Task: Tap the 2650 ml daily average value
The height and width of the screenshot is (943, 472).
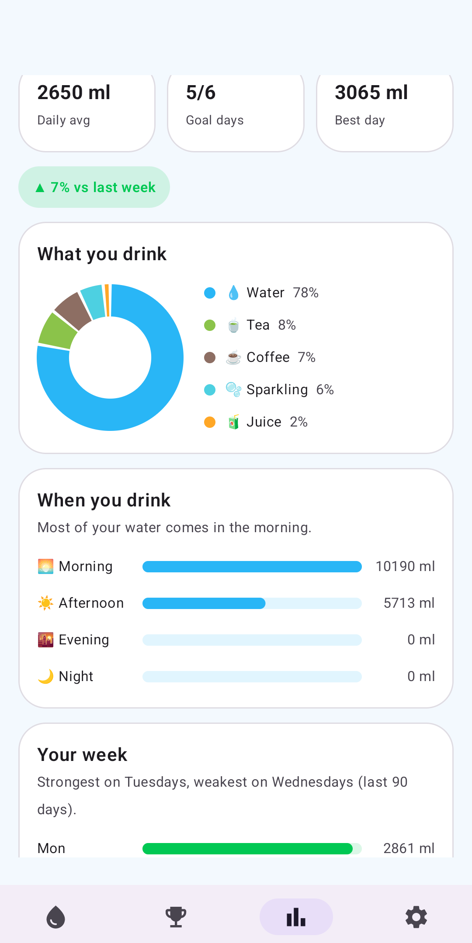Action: point(74,93)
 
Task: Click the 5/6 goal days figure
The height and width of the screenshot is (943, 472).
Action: point(201,93)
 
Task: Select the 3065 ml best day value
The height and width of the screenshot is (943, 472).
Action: point(371,93)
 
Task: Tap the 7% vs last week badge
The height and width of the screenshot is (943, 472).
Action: point(94,187)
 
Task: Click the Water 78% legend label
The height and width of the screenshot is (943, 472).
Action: point(282,293)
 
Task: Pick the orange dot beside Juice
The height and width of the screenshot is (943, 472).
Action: point(210,422)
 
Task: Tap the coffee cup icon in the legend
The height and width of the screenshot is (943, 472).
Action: point(233,358)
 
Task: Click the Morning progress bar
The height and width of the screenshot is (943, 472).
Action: point(252,567)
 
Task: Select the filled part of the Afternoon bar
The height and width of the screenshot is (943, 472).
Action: point(204,603)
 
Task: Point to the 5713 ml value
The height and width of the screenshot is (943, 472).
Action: point(409,603)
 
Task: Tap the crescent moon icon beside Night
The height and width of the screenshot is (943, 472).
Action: point(45,676)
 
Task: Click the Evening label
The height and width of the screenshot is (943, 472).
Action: point(84,640)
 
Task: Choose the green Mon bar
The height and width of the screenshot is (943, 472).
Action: point(247,849)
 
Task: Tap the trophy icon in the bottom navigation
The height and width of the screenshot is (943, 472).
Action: point(176,917)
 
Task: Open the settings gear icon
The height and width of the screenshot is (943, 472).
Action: point(416,917)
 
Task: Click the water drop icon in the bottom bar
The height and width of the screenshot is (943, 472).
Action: point(56,917)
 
